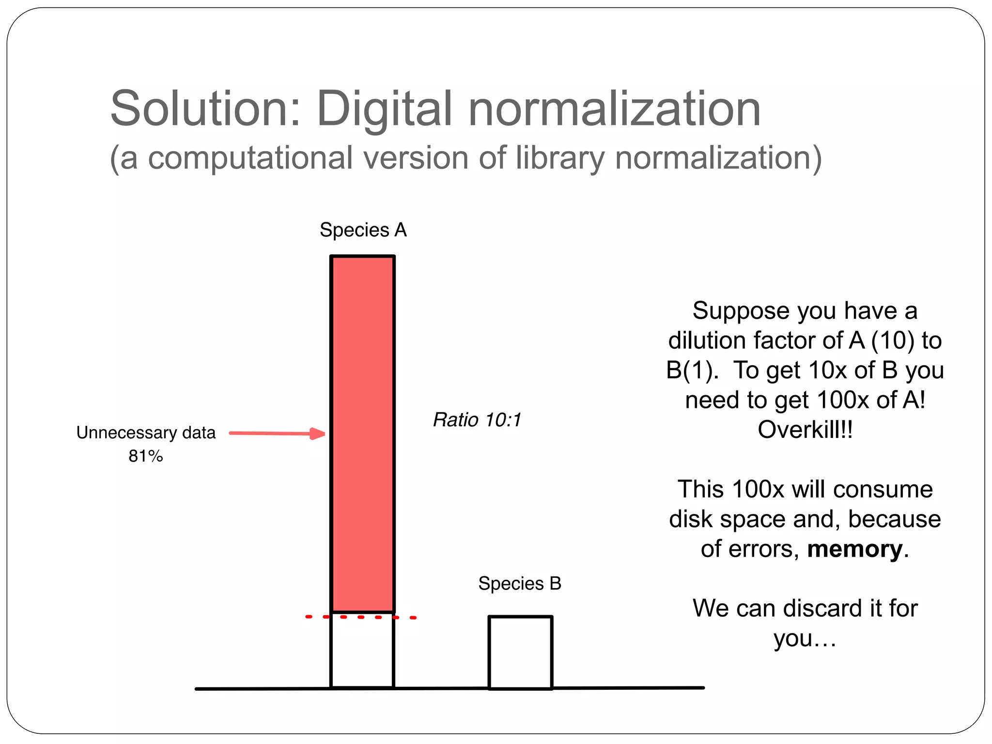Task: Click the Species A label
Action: click(363, 230)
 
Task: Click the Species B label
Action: click(519, 584)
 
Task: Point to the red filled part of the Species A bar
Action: click(362, 434)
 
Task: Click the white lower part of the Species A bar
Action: click(362, 651)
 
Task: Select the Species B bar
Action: click(520, 652)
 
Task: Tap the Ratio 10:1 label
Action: click(477, 420)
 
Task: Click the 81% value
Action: click(145, 456)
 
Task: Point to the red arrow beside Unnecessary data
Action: click(276, 434)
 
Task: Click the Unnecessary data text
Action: click(146, 433)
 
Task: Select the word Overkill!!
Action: click(805, 430)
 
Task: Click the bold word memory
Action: click(854, 549)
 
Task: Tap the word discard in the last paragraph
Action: click(829, 608)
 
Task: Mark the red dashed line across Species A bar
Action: click(360, 617)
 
